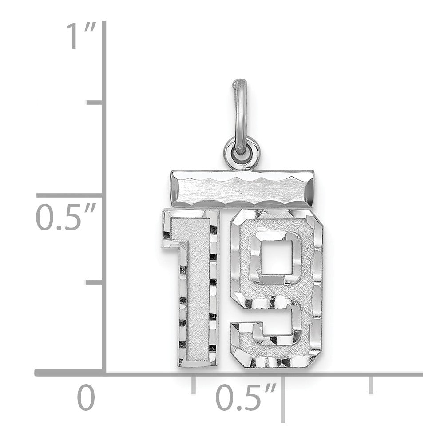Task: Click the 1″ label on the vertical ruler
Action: point(82,36)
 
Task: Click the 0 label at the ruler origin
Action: point(86,397)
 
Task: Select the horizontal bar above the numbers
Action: point(242,189)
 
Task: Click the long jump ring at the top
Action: point(240,116)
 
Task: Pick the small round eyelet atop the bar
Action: point(242,153)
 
